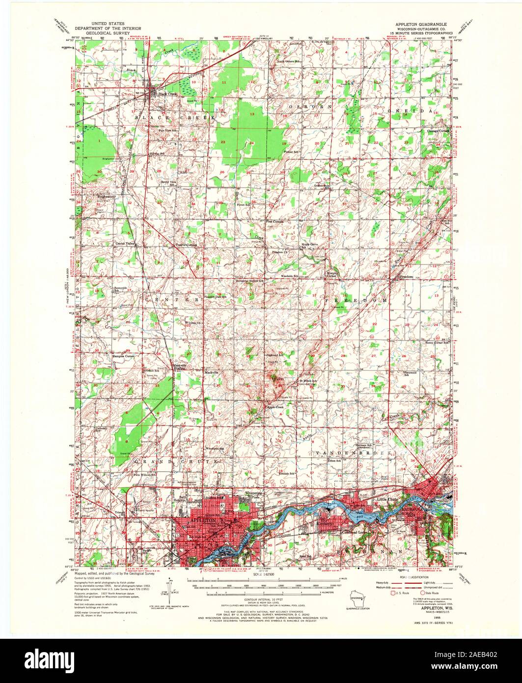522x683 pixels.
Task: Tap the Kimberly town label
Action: coord(325,524)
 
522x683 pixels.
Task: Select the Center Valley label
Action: coord(125,243)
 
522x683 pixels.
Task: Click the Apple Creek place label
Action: coord(275,407)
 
